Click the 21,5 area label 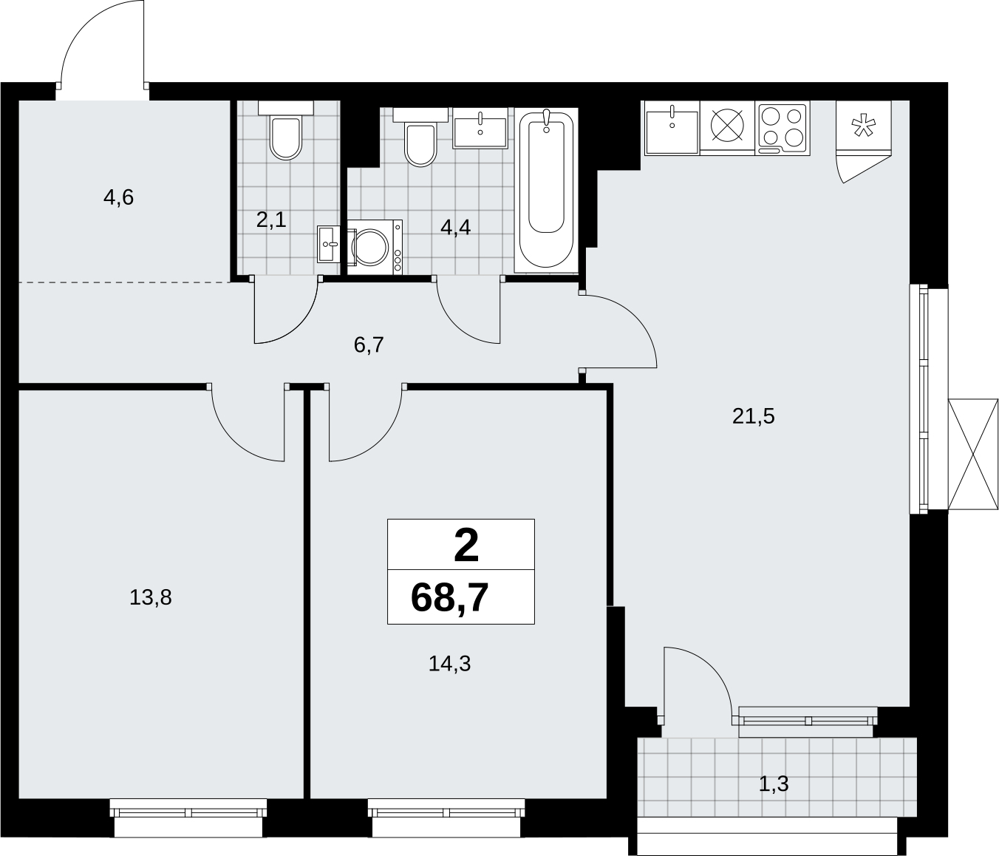click(x=753, y=416)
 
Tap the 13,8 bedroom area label click(x=150, y=598)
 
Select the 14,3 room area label click(x=449, y=664)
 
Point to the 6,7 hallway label click(x=369, y=345)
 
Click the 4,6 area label click(x=118, y=197)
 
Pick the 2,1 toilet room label click(x=271, y=220)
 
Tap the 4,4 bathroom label click(x=455, y=227)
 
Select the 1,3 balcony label click(x=774, y=784)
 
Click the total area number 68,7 click(x=450, y=598)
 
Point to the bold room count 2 click(x=466, y=545)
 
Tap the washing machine click(x=375, y=248)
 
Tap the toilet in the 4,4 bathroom click(x=420, y=137)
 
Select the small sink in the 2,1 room click(x=329, y=244)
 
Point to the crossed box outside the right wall click(x=972, y=454)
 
